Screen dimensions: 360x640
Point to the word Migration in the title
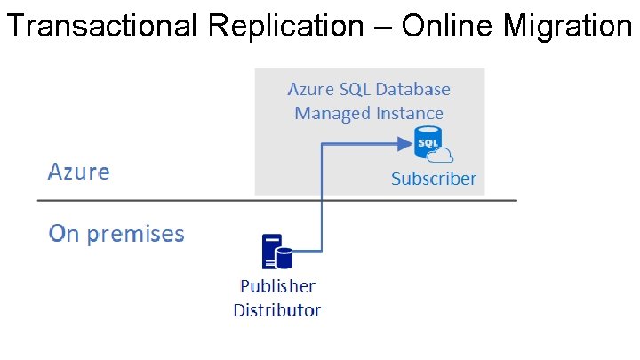(566, 27)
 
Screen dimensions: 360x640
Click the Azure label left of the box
(78, 171)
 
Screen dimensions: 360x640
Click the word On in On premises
(63, 234)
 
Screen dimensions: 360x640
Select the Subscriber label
(434, 179)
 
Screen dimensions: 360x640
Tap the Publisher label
(277, 286)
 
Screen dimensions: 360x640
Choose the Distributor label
(277, 310)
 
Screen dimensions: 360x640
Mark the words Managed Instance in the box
(369, 113)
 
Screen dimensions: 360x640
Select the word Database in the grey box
(413, 90)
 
